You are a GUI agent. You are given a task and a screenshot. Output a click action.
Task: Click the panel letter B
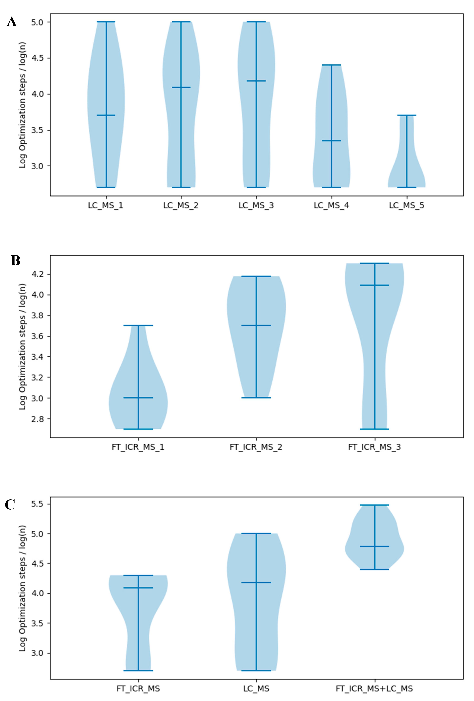pos(16,261)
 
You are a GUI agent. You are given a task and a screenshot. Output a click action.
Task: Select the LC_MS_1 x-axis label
pos(105,205)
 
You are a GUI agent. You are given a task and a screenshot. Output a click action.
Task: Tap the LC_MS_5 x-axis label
pos(406,205)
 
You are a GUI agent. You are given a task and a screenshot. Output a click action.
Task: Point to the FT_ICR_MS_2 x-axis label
pos(256,447)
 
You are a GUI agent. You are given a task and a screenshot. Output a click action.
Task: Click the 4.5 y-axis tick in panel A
pos(37,58)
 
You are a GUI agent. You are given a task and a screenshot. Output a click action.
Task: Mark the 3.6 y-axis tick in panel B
pos(37,336)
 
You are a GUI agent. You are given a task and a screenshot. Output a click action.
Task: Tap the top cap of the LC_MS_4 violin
pos(331,65)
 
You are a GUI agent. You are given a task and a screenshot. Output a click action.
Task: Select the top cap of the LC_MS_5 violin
pos(406,115)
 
